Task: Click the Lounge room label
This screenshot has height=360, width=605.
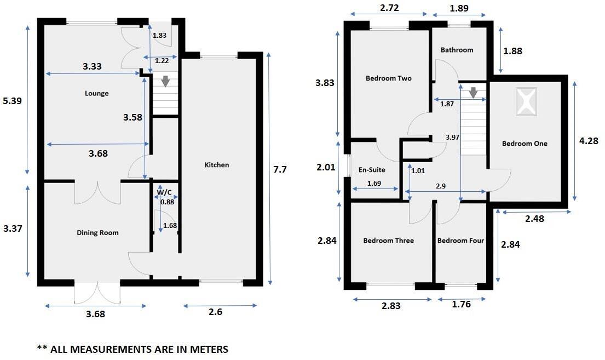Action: pyautogui.click(x=96, y=93)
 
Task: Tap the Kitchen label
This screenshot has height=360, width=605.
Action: pyautogui.click(x=217, y=165)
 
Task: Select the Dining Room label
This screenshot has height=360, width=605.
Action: pyautogui.click(x=97, y=233)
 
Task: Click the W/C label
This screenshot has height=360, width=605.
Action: pyautogui.click(x=164, y=191)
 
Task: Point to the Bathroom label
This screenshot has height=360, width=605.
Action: pyautogui.click(x=457, y=50)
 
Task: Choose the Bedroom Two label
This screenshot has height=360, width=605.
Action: pyautogui.click(x=388, y=78)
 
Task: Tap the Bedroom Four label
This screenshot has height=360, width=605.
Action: pyautogui.click(x=460, y=241)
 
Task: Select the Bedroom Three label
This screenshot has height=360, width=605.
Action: pyautogui.click(x=388, y=241)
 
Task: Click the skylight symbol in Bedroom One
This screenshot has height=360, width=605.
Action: pyautogui.click(x=525, y=102)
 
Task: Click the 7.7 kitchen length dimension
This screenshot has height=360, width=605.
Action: pyautogui.click(x=280, y=169)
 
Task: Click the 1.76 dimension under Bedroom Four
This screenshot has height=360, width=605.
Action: pyautogui.click(x=462, y=305)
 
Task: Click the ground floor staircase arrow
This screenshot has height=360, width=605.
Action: pyautogui.click(x=165, y=82)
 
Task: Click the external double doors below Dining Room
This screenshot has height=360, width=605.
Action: pyautogui.click(x=96, y=293)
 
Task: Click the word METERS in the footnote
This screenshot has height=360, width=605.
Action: pyautogui.click(x=205, y=349)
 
